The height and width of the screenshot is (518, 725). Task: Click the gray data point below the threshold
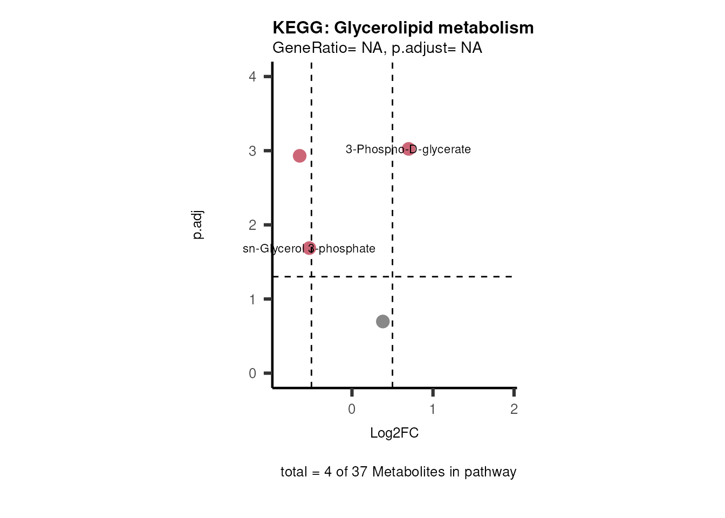click(x=382, y=322)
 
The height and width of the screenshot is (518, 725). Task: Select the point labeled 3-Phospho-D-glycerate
click(x=409, y=149)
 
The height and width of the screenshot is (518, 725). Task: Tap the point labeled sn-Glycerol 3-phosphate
click(x=309, y=248)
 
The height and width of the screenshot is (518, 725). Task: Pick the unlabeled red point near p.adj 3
click(x=299, y=156)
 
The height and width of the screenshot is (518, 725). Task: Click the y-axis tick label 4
click(x=252, y=77)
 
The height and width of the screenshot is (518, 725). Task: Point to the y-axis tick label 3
click(x=252, y=151)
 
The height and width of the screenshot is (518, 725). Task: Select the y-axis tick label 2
click(x=252, y=225)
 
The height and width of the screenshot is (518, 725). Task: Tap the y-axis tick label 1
click(x=252, y=299)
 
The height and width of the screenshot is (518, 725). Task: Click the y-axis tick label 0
click(x=252, y=373)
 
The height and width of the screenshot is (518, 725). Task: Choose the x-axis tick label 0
click(x=352, y=409)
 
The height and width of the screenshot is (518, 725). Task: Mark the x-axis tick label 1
click(x=433, y=409)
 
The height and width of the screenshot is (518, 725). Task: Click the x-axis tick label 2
click(x=514, y=409)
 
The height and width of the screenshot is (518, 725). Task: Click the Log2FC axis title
click(x=394, y=433)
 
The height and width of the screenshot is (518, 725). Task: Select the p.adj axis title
click(x=198, y=225)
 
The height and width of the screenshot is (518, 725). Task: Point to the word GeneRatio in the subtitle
click(x=310, y=48)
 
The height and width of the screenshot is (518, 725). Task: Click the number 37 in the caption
click(x=359, y=472)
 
